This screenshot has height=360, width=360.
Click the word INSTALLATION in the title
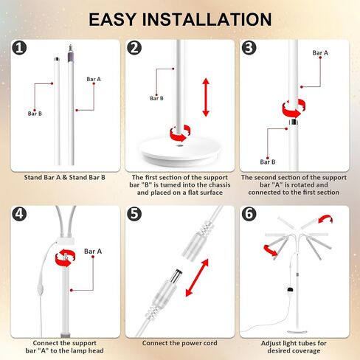(207, 19)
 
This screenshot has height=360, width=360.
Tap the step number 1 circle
(19, 47)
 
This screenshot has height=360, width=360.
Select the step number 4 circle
(19, 213)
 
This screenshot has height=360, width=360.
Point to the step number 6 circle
(249, 213)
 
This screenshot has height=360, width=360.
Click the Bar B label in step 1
(35, 114)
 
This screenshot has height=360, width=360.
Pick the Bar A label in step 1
(94, 79)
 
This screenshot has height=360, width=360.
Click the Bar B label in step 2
(156, 98)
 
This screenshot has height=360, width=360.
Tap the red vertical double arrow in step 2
(206, 97)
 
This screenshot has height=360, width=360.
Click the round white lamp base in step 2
(180, 149)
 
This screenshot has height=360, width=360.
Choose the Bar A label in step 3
(320, 53)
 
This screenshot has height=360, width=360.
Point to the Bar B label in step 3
(268, 162)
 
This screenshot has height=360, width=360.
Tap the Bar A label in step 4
(93, 251)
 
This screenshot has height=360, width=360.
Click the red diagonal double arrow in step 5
(197, 277)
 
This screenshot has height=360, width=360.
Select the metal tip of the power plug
(177, 275)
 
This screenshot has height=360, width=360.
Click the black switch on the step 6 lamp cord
(291, 289)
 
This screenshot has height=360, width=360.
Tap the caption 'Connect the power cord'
(180, 343)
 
